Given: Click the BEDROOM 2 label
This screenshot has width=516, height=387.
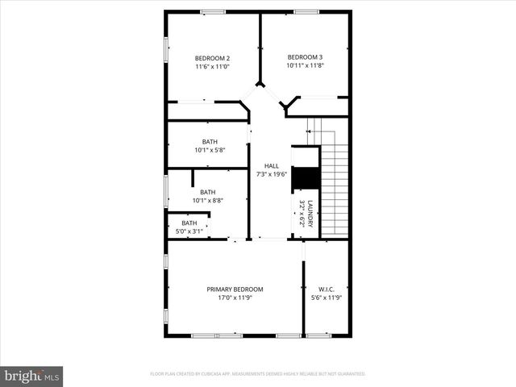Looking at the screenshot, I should [213, 58].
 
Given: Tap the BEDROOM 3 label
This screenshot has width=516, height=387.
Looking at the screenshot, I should [305, 56].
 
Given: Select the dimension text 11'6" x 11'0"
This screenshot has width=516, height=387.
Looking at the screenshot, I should [213, 67].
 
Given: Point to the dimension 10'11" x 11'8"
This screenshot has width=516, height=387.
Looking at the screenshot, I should [305, 65].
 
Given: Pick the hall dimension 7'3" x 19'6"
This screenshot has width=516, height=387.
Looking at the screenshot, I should [272, 174].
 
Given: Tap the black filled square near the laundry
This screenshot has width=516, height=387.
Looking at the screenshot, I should [306, 177].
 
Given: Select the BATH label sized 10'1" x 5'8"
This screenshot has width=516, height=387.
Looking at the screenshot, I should [209, 142].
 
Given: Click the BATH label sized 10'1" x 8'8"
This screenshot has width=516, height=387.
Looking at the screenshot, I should [207, 192].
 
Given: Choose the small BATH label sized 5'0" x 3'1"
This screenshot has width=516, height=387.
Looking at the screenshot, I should [189, 223].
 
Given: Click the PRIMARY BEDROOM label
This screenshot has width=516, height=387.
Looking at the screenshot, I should [235, 289].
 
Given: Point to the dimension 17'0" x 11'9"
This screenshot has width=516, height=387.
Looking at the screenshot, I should [235, 298].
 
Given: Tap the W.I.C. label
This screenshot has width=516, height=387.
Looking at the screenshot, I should [326, 289].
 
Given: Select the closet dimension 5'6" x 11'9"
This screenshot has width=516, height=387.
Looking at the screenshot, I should [326, 298].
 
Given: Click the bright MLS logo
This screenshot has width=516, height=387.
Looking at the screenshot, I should [31, 376].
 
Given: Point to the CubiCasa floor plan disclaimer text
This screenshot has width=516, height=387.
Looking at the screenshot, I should [257, 374].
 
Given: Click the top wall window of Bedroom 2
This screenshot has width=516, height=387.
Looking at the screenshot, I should [213, 11].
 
